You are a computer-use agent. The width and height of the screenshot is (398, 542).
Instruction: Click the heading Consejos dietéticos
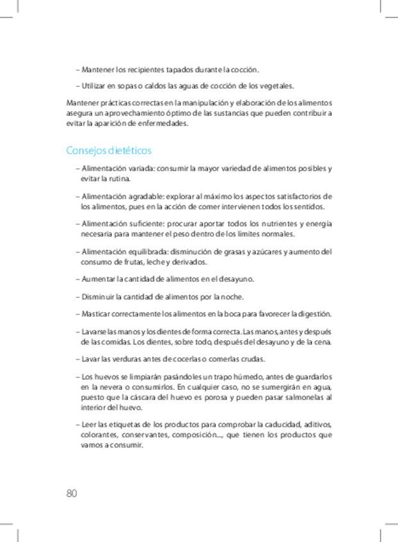click(x=109, y=151)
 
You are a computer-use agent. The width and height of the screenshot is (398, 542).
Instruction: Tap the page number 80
click(x=71, y=493)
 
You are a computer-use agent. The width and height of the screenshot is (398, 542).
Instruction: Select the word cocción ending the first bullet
click(x=246, y=69)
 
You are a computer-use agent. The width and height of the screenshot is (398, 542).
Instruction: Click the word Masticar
click(x=96, y=314)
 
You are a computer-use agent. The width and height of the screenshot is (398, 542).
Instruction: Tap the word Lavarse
click(x=94, y=331)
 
